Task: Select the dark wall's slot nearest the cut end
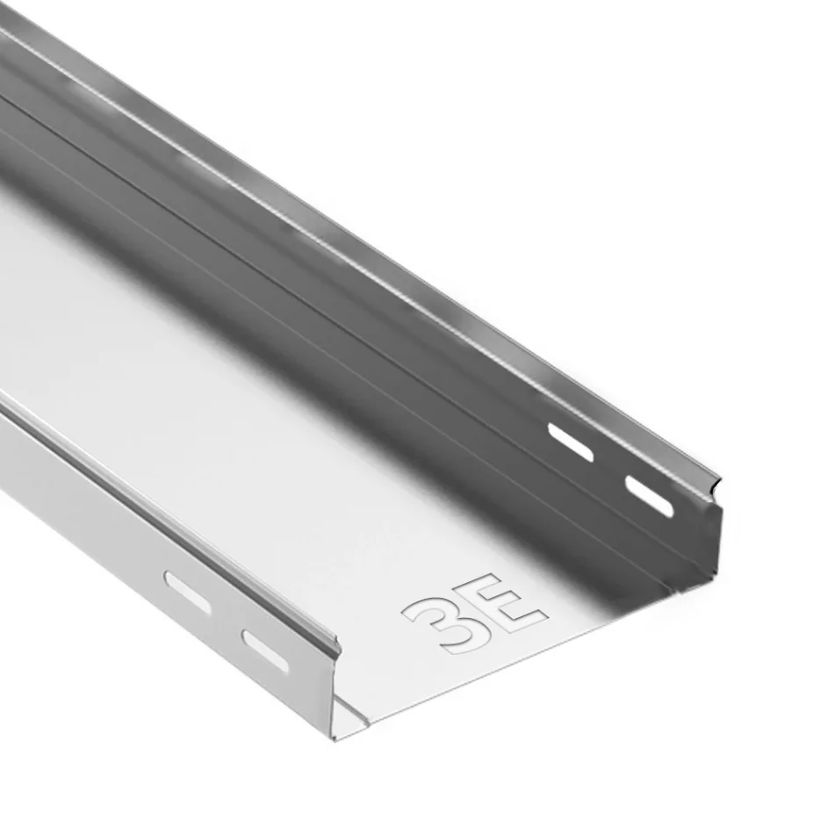click(650, 495)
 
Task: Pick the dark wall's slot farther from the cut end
click(571, 442)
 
